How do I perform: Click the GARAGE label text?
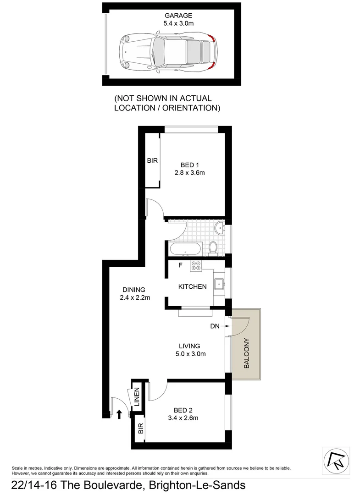(172, 15)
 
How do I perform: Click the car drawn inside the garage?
(168, 50)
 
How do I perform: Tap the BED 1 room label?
(189, 165)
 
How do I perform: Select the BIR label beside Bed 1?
(152, 160)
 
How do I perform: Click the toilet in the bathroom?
(213, 247)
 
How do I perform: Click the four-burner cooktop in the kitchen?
(196, 266)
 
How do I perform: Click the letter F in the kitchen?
(181, 265)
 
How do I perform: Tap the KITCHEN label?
(192, 287)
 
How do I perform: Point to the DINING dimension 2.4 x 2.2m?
(134, 297)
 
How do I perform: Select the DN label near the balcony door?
(215, 326)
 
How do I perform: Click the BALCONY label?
(246, 353)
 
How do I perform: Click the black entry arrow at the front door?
(119, 414)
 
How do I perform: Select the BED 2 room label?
(186, 410)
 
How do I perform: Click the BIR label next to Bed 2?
(140, 429)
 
